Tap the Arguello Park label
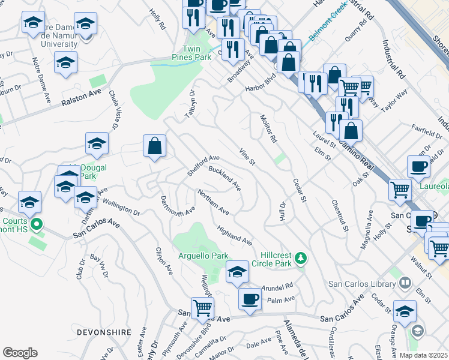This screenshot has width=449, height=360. pos(203,256)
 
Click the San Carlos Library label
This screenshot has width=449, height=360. pos(363,284)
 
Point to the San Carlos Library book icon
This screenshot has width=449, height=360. pos(405,283)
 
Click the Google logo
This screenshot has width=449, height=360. pos(20,353)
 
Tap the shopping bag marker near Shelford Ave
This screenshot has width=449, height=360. pos(155,146)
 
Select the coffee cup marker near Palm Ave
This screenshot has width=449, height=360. pos(250,299)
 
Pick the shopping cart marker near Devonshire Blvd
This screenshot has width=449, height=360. pos(203,308)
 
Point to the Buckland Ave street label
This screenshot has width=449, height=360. pos(224,178)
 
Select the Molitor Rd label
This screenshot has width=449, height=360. pos(268,128)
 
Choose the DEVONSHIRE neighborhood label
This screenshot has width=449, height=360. pos(31,330)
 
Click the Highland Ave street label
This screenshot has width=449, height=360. pos(235,235)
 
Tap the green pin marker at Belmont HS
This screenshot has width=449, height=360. pos(36,226)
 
